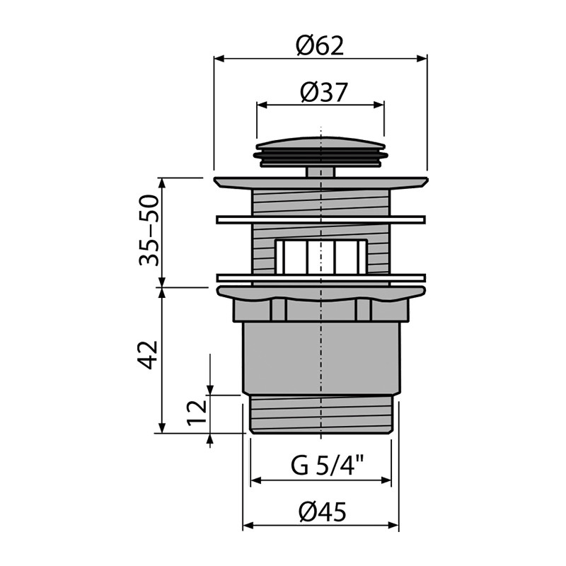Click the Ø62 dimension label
[x=320, y=46]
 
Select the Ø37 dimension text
[x=323, y=93]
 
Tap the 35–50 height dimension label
[x=149, y=231]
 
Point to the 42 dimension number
[x=149, y=355]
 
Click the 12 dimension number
[x=197, y=412]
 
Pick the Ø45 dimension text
[x=323, y=512]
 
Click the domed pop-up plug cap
[x=320, y=151]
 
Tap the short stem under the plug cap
[x=320, y=172]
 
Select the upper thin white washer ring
[x=320, y=219]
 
